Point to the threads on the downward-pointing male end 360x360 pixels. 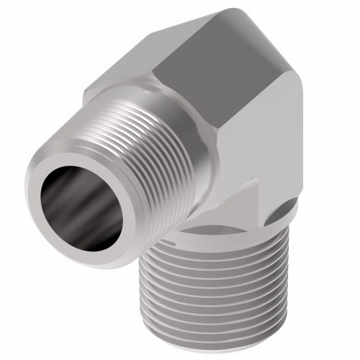click(x=216, y=288)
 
